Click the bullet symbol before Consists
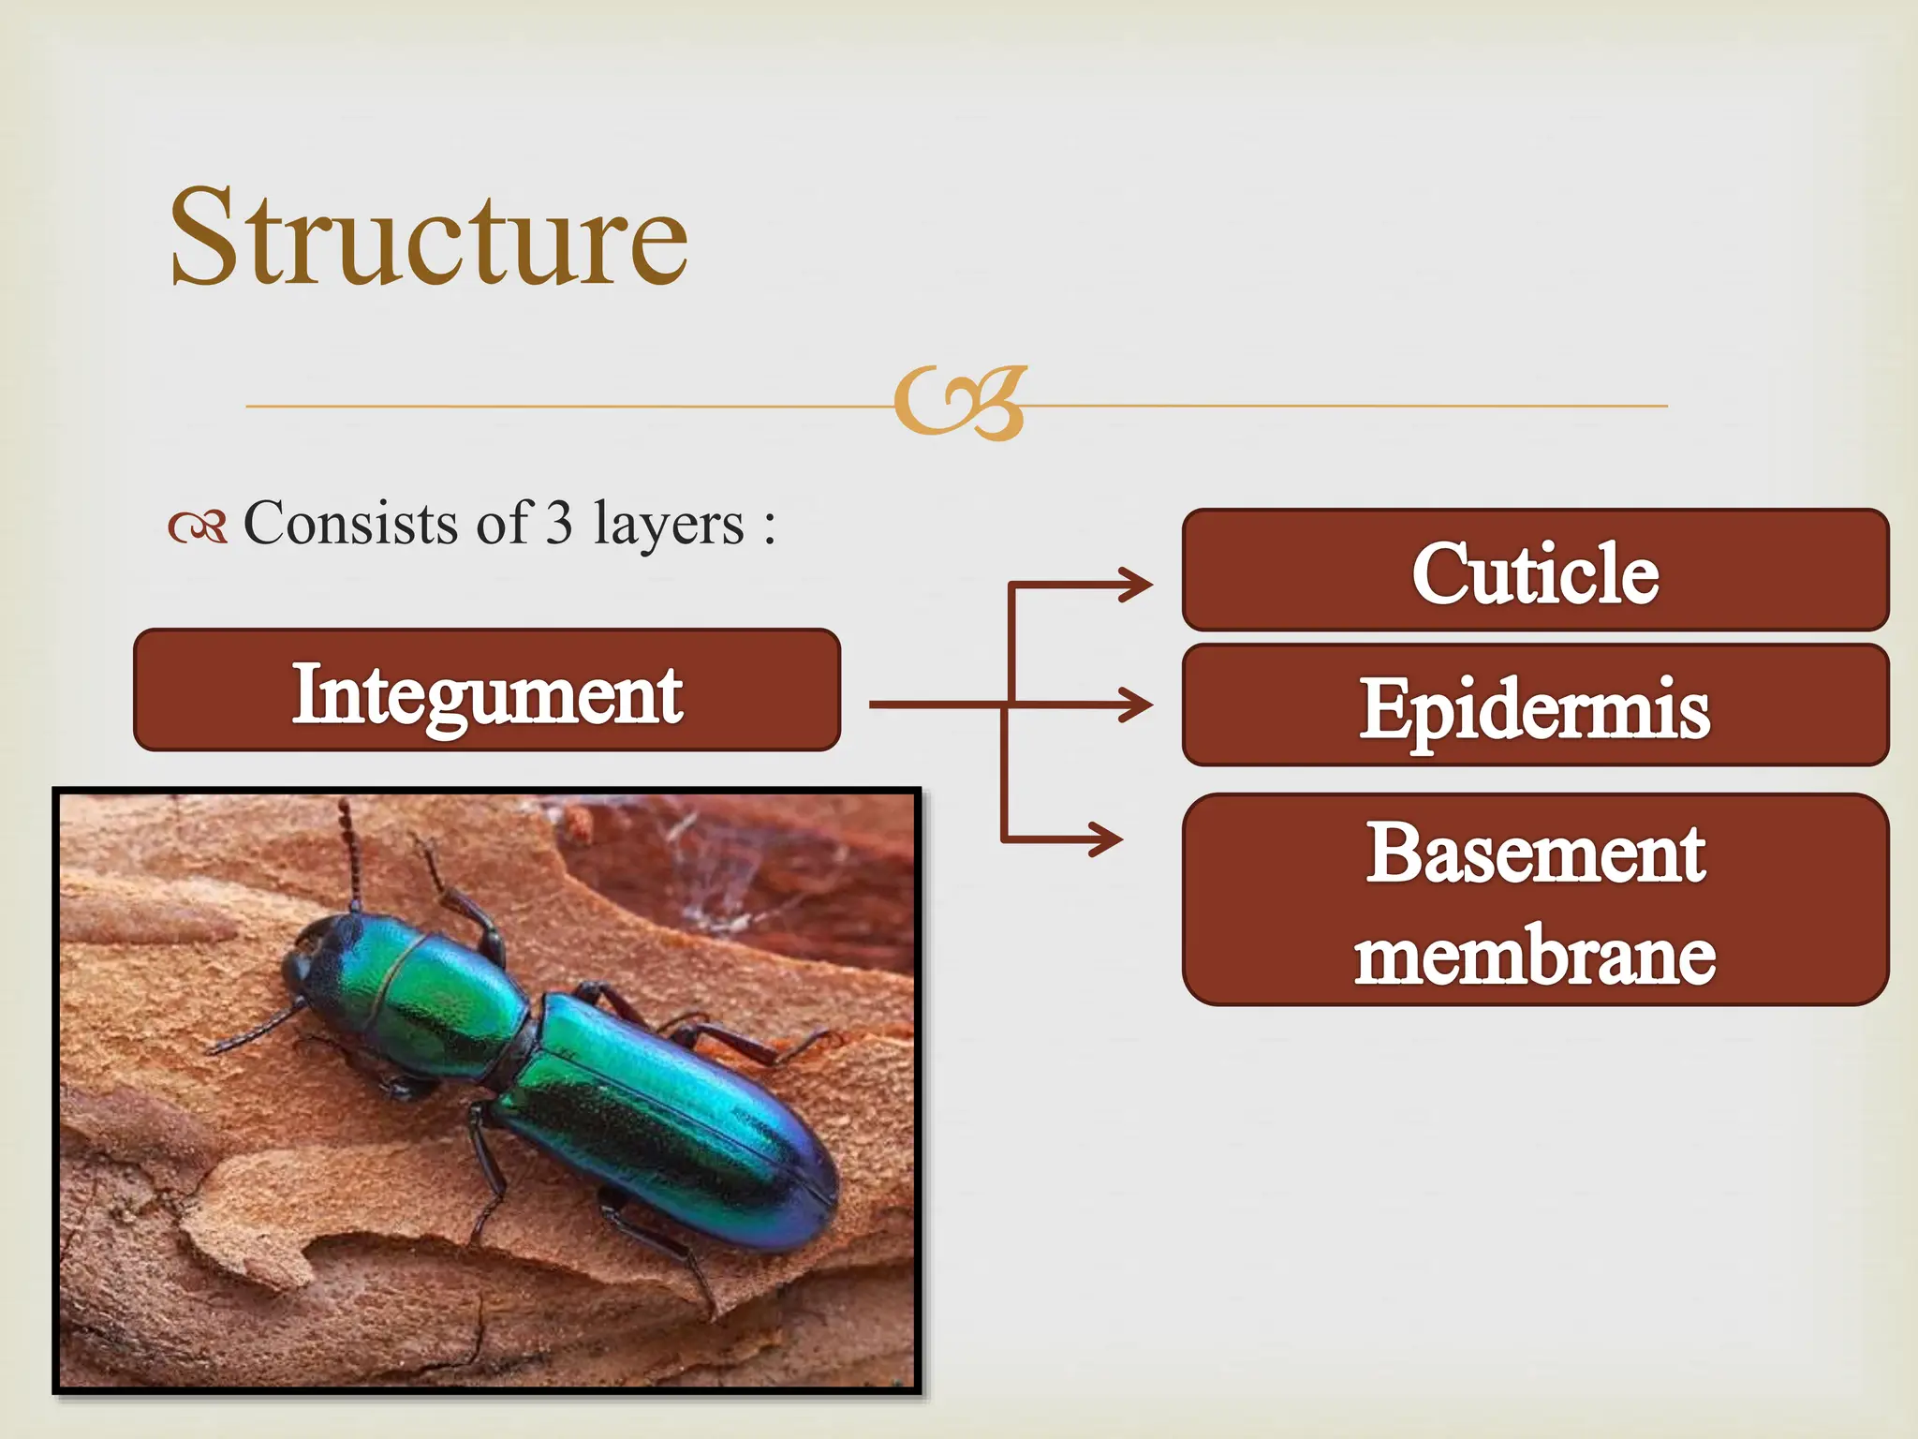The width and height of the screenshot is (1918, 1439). (198, 528)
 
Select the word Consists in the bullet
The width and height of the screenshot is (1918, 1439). (350, 523)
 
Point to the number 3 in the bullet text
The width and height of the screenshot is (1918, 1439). (559, 523)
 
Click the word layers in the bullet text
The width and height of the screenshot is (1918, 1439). (669, 525)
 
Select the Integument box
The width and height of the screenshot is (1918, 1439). (487, 690)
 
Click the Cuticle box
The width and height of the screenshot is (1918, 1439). (1535, 571)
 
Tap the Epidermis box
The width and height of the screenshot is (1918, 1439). (1535, 705)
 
